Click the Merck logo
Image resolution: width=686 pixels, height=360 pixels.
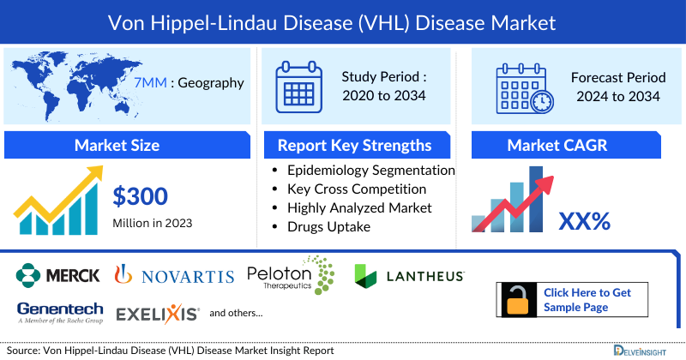click(x=58, y=275)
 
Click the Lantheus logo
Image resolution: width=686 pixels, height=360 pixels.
click(x=410, y=275)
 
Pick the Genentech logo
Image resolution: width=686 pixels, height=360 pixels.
click(x=59, y=313)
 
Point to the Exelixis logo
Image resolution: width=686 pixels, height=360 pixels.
click(x=158, y=313)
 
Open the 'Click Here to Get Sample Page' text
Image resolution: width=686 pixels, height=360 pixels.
click(x=587, y=300)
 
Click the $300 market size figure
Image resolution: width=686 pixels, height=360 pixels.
click(x=141, y=197)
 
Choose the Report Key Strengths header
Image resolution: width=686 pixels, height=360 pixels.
click(x=354, y=145)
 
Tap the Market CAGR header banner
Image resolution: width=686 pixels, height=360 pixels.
click(x=569, y=145)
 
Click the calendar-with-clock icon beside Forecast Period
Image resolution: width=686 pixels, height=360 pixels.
click(x=523, y=87)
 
